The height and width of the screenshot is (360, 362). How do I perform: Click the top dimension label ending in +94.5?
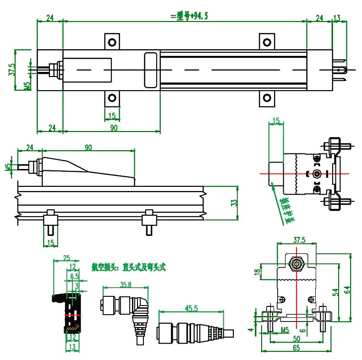pos(189,16)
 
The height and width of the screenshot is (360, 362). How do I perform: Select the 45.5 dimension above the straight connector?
pos(192,308)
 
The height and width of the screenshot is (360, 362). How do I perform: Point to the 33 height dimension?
pos(233,203)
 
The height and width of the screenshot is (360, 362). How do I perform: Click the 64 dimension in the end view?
pos(348,289)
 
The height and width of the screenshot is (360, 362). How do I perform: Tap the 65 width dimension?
pos(296,348)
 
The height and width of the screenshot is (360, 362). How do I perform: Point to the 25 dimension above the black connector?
pos(66,257)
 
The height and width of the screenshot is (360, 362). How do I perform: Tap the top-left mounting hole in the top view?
pos(111,43)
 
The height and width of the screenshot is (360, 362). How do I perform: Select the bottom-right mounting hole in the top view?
pos(266,98)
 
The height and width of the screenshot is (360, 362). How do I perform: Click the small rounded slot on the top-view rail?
pos(150,70)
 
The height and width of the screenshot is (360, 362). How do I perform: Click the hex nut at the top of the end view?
pos(297,264)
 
